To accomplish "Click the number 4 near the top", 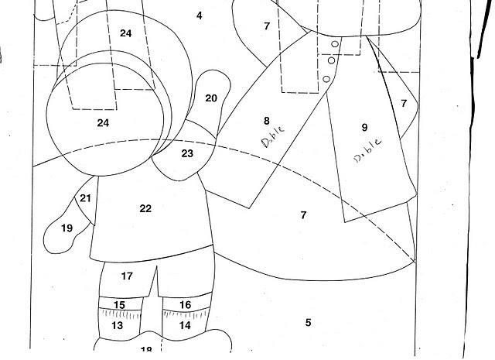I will (200, 15).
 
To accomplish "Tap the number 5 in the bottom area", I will (308, 322).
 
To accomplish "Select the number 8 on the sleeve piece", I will (267, 121).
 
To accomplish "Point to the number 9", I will (365, 128).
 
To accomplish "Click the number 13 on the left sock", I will (118, 326).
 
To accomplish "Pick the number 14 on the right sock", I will (185, 326).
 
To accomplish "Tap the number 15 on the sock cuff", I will (119, 305).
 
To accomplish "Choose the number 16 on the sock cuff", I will (185, 305).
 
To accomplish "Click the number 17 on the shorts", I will (128, 276).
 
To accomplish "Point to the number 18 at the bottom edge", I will (146, 351).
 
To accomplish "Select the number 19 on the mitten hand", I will (67, 228).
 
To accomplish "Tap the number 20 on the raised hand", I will (211, 98).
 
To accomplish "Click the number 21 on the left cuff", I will (85, 199).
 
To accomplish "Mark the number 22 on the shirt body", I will (145, 208).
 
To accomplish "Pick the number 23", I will (187, 153).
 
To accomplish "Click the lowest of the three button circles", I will (328, 78).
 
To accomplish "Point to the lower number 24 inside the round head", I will (104, 122).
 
